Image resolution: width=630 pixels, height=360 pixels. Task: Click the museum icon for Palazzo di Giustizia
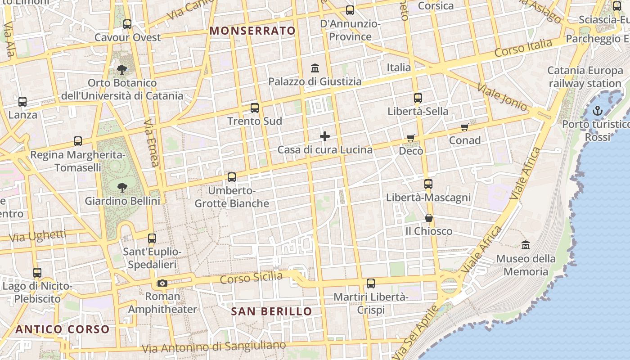[315, 68]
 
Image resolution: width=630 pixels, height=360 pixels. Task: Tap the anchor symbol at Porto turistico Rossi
[597, 111]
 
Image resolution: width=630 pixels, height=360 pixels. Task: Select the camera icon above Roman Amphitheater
[162, 283]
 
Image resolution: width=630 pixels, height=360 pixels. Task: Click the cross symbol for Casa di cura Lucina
[325, 136]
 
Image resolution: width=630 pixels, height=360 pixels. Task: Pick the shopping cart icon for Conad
[465, 127]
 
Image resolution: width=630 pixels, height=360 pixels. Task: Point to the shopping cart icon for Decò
[410, 138]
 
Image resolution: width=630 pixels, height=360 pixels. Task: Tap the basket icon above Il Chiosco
[429, 218]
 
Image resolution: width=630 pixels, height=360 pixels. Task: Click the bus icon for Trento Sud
[255, 108]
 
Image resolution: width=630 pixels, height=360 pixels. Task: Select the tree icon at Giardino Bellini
[122, 187]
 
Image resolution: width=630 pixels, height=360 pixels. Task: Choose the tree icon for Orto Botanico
[122, 69]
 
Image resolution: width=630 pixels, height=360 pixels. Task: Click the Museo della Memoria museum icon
[526, 245]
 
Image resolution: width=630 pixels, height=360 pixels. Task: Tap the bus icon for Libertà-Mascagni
[428, 184]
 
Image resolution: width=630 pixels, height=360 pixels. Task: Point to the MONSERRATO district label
[253, 31]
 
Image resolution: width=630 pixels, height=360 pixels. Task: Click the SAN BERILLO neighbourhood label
[271, 311]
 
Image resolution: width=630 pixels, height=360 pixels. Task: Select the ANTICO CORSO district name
[63, 329]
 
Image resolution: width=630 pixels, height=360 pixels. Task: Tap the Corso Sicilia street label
[251, 278]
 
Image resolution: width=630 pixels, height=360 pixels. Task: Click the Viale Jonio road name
[502, 97]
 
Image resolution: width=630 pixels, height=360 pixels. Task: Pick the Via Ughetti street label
[37, 235]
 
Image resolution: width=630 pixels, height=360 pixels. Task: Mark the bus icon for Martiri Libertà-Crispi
[371, 283]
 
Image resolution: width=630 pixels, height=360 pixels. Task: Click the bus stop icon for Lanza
[22, 102]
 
